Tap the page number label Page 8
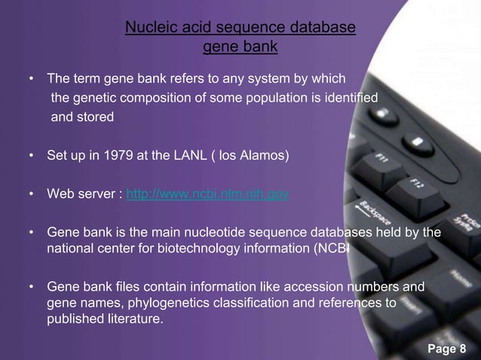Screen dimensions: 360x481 [447, 346]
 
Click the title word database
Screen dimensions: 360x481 [322, 29]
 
